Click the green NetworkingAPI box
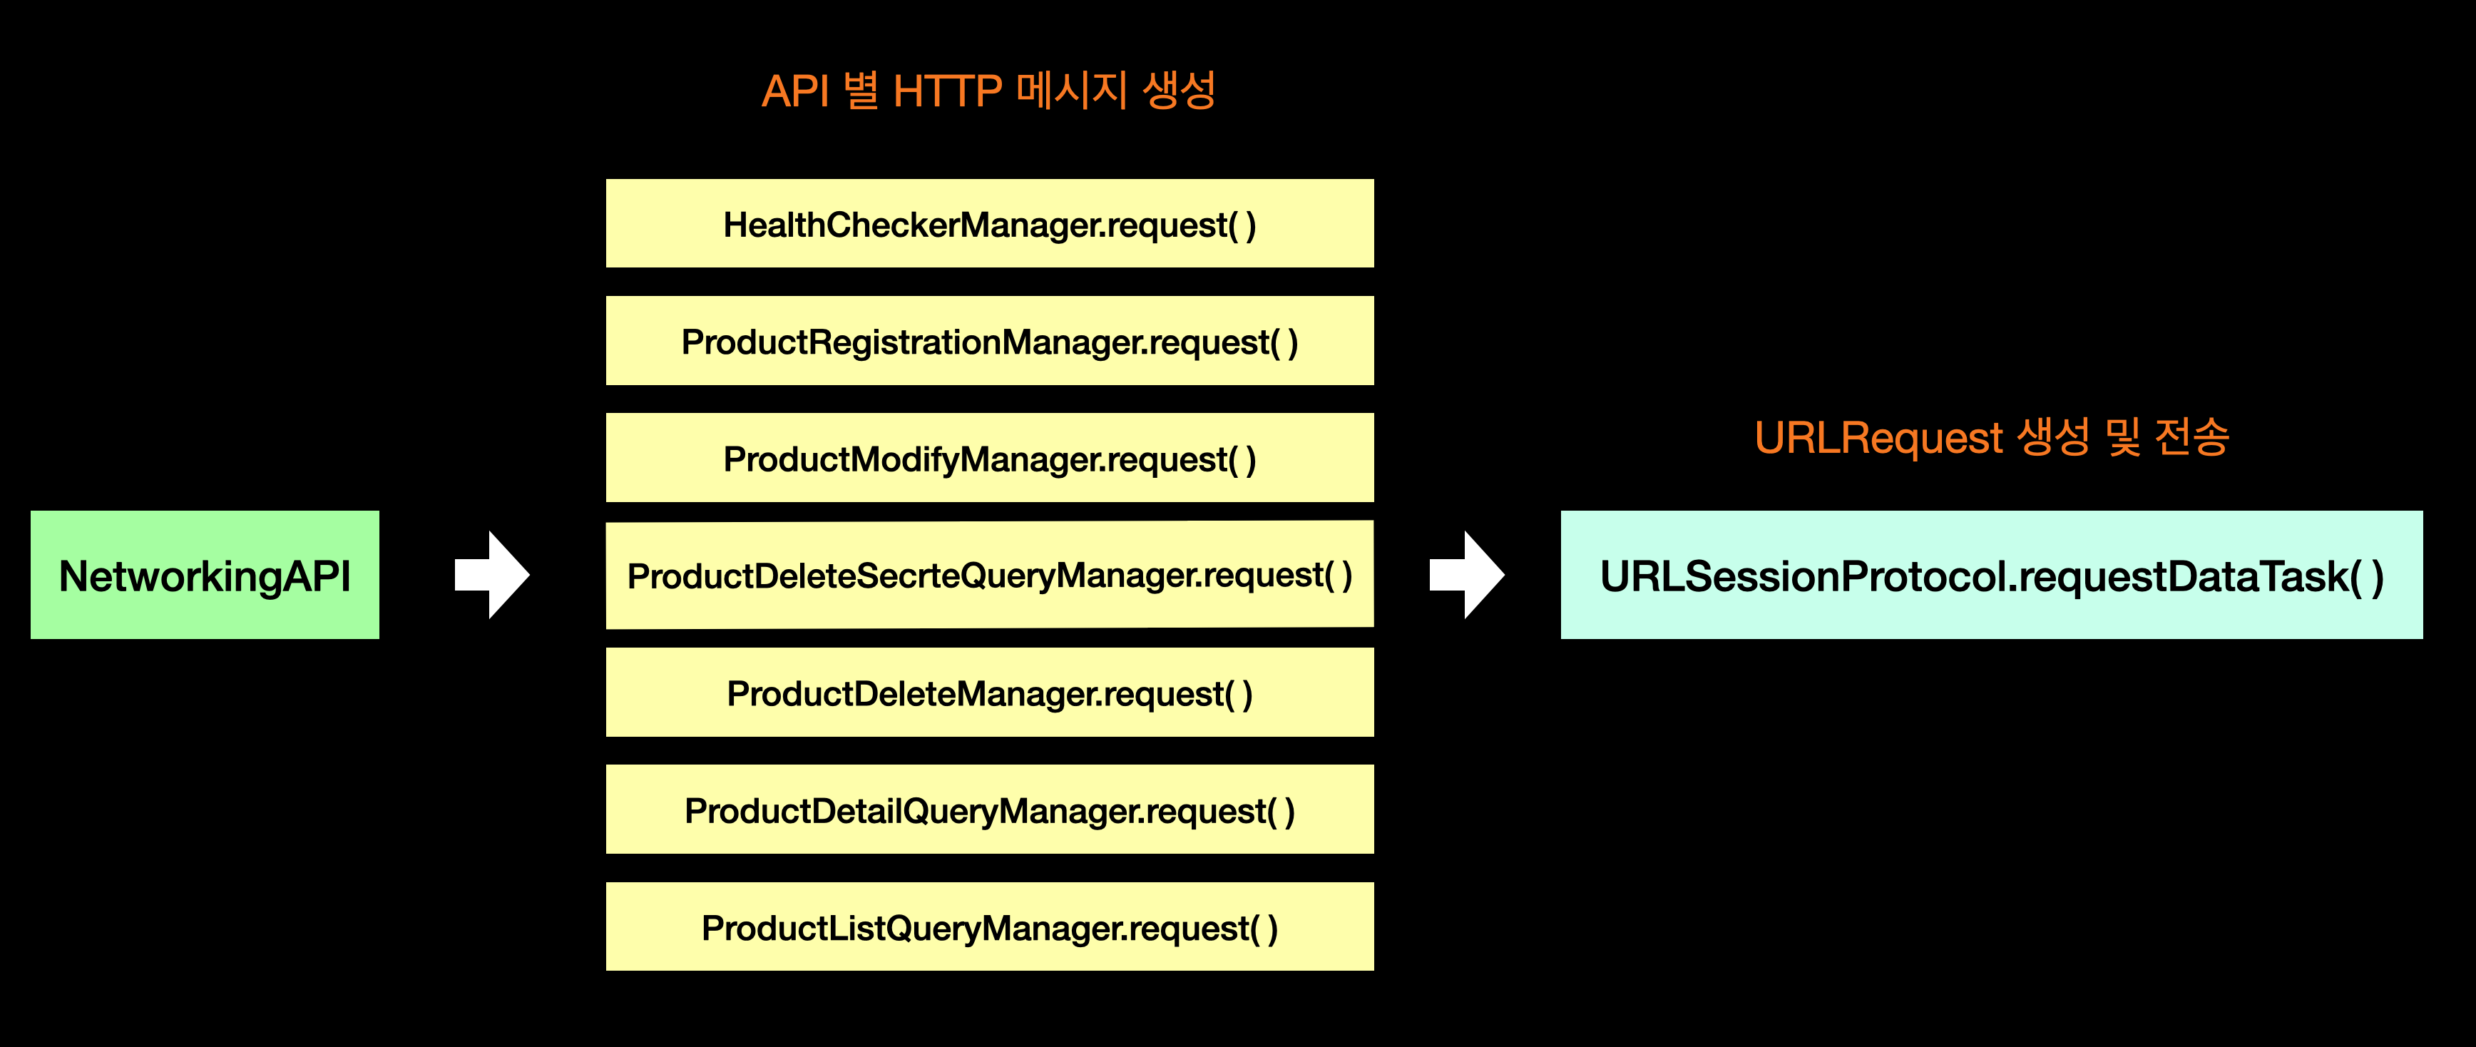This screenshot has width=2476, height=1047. (x=205, y=575)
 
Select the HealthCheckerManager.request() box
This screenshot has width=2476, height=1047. (x=989, y=224)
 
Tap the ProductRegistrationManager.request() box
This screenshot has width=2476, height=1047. (x=989, y=342)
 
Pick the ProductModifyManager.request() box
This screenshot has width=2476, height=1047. (x=989, y=459)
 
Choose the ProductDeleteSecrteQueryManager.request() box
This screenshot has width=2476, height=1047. (x=989, y=575)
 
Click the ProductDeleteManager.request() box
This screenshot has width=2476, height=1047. (x=989, y=693)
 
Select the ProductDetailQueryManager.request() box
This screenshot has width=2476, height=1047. (x=989, y=810)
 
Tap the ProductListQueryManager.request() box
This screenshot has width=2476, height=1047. (x=989, y=928)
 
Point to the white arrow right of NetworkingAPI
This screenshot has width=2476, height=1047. (x=492, y=575)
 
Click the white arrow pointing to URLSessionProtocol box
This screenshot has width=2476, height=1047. (x=1467, y=575)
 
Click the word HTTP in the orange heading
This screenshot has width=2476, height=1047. (x=947, y=92)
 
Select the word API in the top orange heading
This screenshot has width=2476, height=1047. (x=795, y=92)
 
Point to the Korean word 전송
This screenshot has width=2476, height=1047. (x=2191, y=437)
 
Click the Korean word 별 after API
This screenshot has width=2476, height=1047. (x=861, y=91)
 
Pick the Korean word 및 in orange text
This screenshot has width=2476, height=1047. (x=2123, y=437)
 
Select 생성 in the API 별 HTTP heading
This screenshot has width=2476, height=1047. (x=1180, y=91)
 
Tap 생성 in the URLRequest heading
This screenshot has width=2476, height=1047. (x=2053, y=437)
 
